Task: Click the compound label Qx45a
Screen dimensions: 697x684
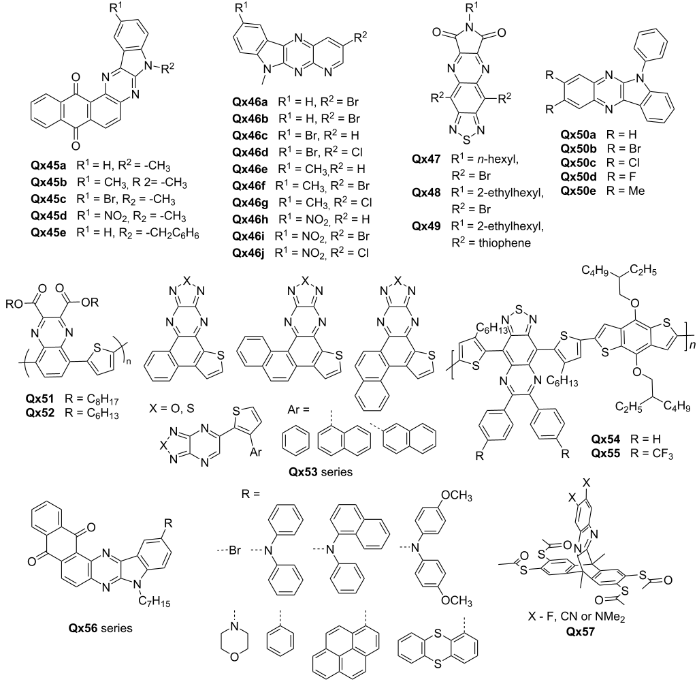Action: coord(48,166)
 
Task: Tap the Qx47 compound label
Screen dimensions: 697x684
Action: coord(426,159)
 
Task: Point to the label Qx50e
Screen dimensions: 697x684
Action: coord(578,191)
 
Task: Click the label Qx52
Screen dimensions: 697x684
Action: coord(40,413)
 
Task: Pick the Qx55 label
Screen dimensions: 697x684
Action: coord(605,454)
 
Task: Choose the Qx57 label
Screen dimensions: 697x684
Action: coord(580,631)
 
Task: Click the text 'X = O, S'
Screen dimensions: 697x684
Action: coord(172,408)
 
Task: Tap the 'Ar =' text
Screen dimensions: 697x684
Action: coord(298,409)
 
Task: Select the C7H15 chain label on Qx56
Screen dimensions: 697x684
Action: coord(155,602)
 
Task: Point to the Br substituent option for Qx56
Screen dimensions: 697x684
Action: coord(235,550)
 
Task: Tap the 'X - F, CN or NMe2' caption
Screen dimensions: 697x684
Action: coord(577,617)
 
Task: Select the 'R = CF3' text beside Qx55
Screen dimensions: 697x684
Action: coord(651,454)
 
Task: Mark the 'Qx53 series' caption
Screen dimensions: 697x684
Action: coord(321,471)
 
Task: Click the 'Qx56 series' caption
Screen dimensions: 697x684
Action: coord(101,628)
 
